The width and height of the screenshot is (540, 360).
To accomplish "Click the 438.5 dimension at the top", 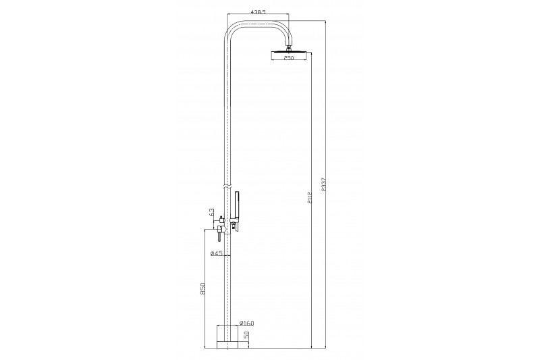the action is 258,12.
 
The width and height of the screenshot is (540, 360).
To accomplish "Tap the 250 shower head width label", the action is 289,58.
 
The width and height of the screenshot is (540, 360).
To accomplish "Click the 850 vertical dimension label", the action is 202,288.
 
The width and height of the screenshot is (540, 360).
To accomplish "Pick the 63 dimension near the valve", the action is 211,212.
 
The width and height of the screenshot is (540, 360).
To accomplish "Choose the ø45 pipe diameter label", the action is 217,253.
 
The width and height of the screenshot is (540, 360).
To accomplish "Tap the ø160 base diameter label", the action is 246,323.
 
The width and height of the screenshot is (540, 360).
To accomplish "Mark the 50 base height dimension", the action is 246,336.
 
